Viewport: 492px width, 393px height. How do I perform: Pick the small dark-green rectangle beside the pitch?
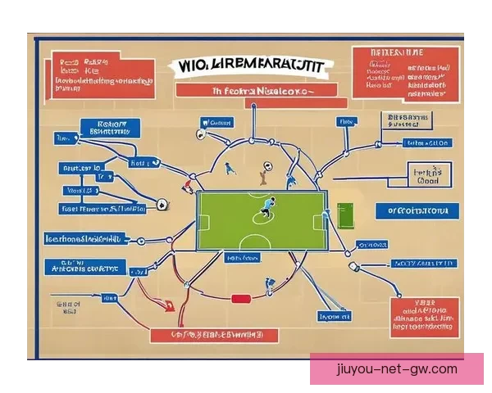tap(346, 215)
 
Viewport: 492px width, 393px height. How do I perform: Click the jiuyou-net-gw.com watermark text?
tap(397, 369)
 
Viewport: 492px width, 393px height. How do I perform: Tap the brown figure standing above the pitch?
tap(262, 173)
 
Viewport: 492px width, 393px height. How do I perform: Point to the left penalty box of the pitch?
tap(204, 221)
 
